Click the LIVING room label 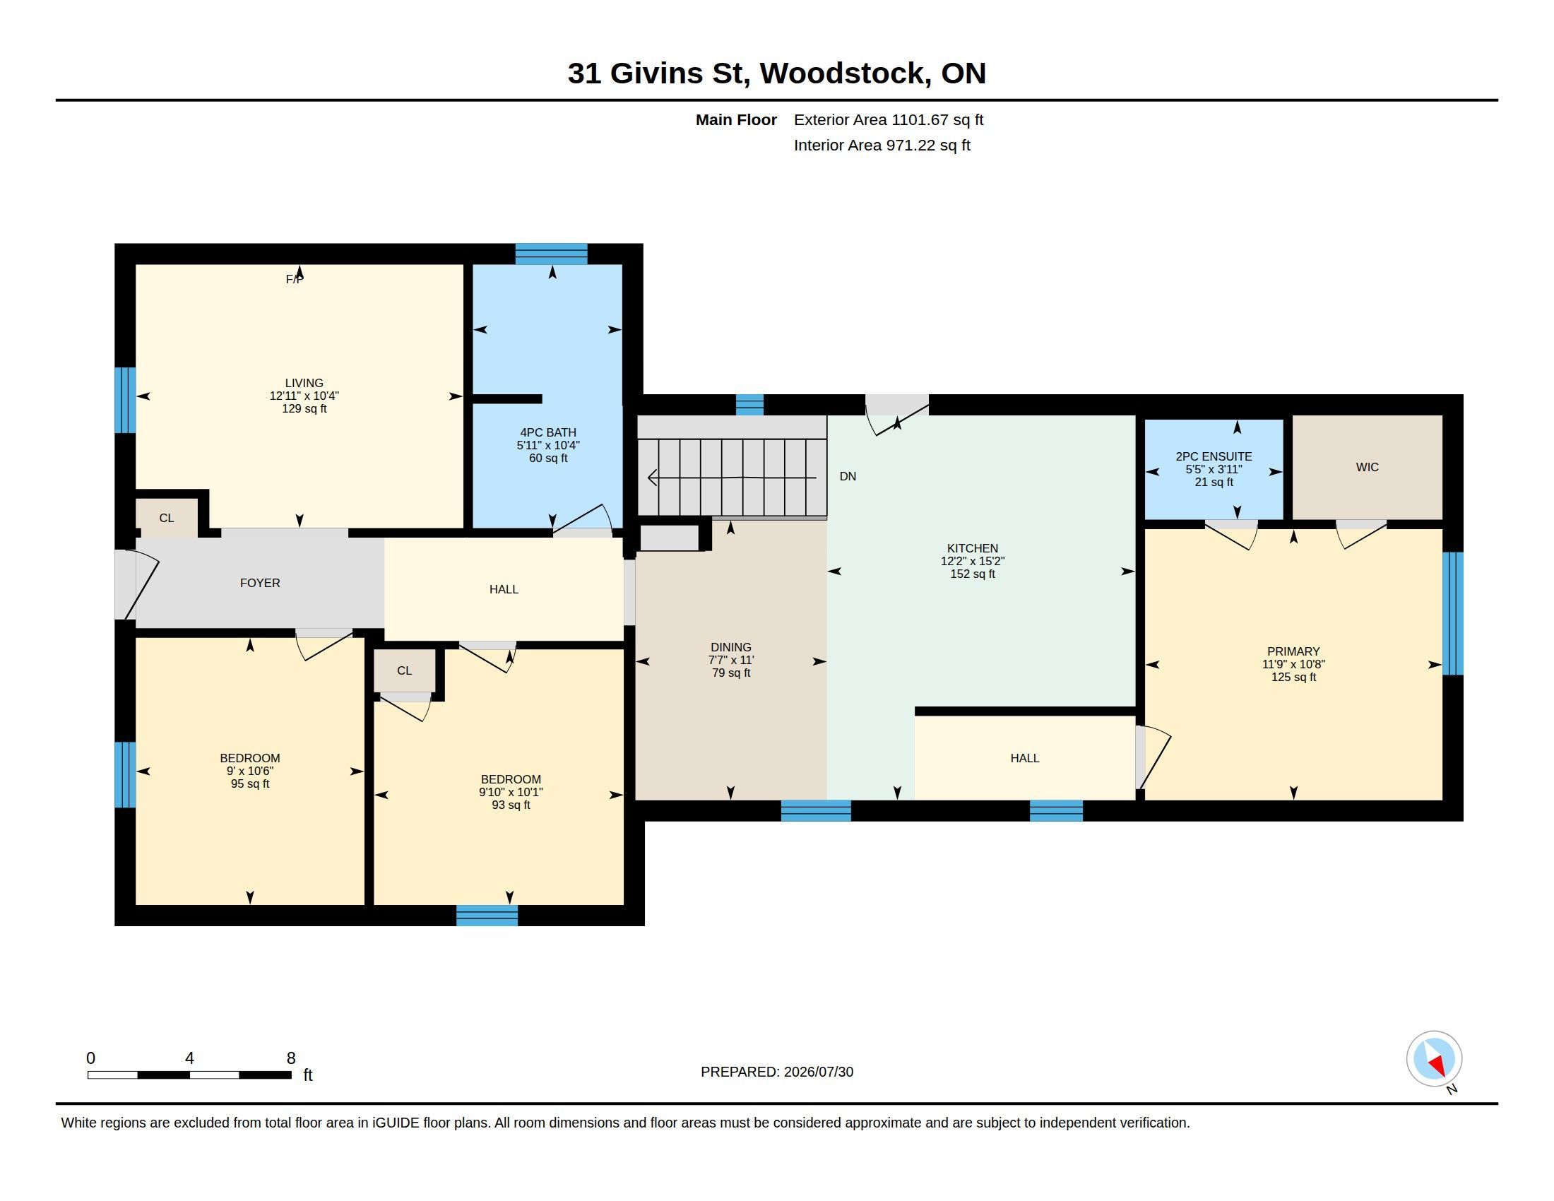click(x=304, y=383)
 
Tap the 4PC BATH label click(x=548, y=432)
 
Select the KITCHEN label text click(x=972, y=548)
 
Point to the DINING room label click(x=731, y=647)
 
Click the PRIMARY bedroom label click(x=1293, y=652)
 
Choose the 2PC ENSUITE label click(x=1213, y=457)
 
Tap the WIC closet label click(x=1367, y=468)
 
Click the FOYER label click(x=260, y=584)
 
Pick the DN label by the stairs click(x=848, y=477)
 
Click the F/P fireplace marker click(x=295, y=280)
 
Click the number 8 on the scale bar click(x=291, y=1058)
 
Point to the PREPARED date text click(x=777, y=1072)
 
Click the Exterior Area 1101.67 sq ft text click(x=889, y=119)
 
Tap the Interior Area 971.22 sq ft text click(x=882, y=145)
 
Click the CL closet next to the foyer click(x=167, y=518)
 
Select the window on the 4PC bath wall click(x=552, y=254)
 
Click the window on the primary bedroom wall click(x=1452, y=613)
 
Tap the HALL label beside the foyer click(x=504, y=590)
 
